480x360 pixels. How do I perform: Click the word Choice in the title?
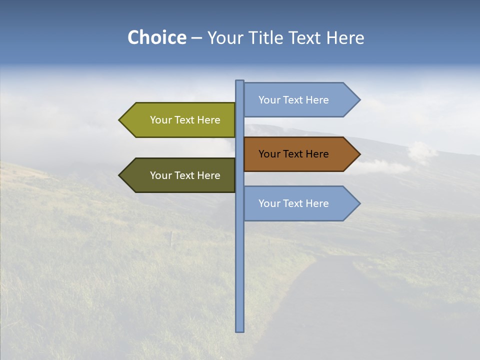[x=156, y=37]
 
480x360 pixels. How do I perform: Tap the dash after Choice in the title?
[x=196, y=38]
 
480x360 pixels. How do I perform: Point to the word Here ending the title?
[x=345, y=37]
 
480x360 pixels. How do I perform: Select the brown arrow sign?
[x=297, y=154]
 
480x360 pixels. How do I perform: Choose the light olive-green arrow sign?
[x=180, y=120]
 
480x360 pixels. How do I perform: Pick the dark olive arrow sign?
[x=180, y=175]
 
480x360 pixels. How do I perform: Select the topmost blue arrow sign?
[x=297, y=100]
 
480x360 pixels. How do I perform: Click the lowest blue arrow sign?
[x=297, y=203]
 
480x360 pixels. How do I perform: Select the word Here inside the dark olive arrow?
[x=208, y=175]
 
